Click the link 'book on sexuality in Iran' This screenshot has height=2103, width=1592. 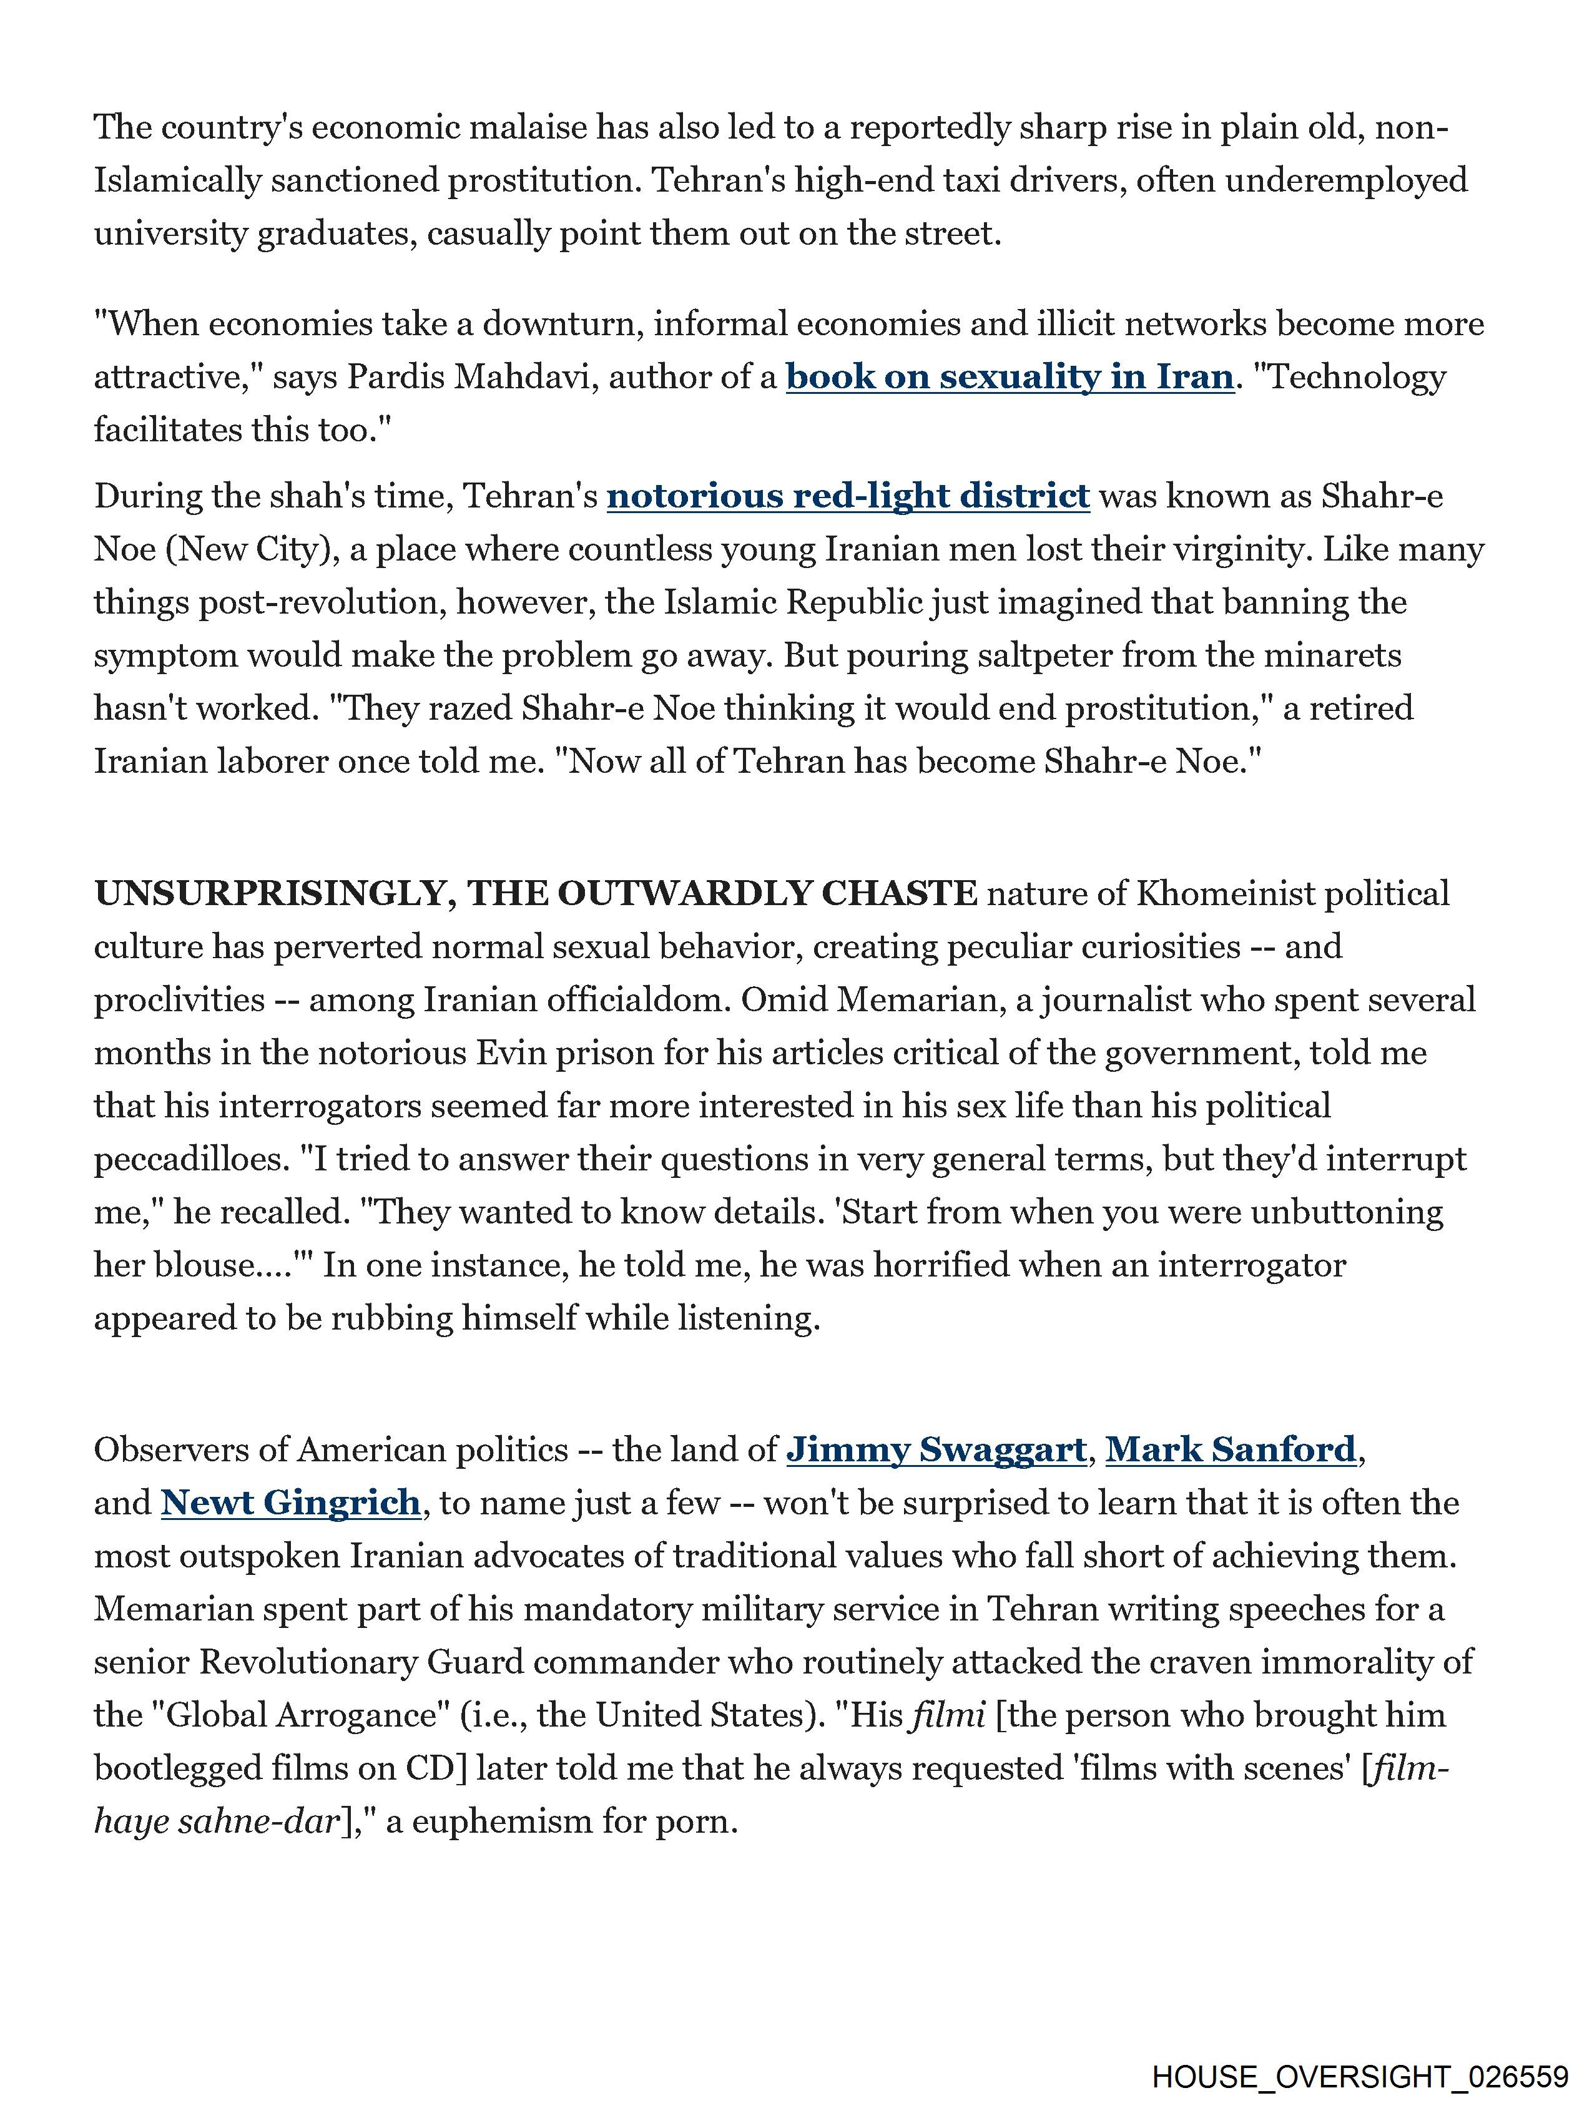(1009, 378)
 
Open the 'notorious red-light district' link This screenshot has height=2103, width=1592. (847, 496)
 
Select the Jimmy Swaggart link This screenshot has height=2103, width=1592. (936, 1450)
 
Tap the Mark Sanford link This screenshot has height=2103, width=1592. (1231, 1450)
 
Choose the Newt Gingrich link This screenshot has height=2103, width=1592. (291, 1503)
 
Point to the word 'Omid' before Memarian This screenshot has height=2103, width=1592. (780, 1000)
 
